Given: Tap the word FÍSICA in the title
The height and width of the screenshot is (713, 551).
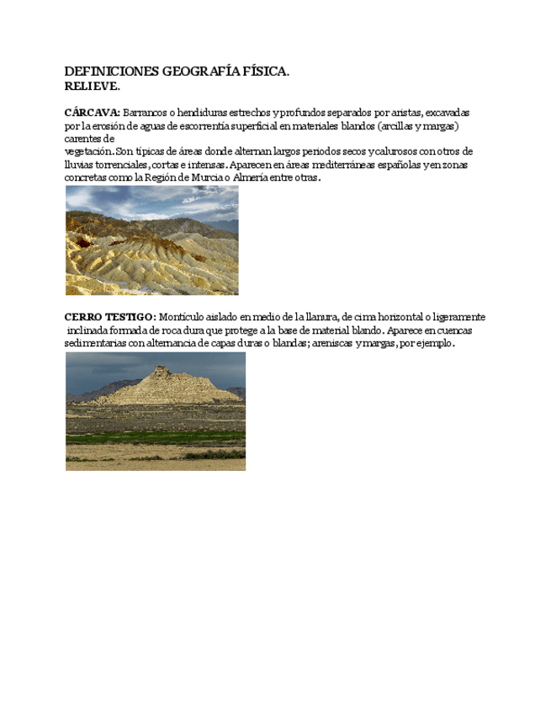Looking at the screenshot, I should coord(264,72).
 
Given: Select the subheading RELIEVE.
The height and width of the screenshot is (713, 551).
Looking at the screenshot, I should coord(93,87).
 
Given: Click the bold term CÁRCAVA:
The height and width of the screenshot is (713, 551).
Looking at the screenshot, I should coord(93,112).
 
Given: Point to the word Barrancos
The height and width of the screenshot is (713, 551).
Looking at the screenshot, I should coord(149,112).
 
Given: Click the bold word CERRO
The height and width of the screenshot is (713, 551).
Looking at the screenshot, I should coord(84,317).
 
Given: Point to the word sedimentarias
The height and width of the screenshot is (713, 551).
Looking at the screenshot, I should coord(95,344).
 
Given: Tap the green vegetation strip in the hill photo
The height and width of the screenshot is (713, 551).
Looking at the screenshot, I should coord(156,437).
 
